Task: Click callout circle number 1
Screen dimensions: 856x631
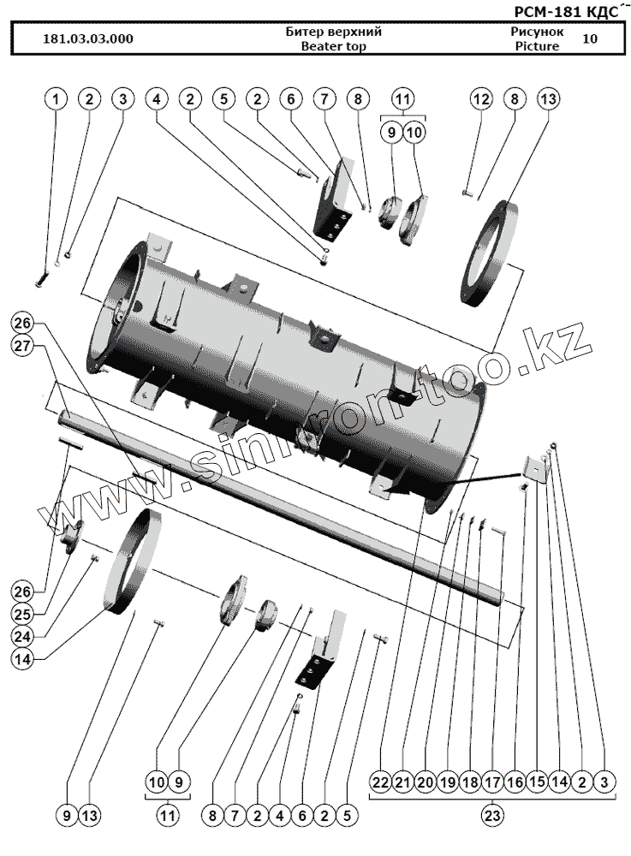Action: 56,99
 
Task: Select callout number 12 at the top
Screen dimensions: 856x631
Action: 481,99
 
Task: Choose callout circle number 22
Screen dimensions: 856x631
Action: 381,782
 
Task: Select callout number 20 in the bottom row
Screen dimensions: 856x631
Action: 426,782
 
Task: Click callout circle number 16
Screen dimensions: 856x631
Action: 515,782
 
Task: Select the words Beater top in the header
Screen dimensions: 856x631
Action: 333,47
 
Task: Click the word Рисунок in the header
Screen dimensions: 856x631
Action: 537,32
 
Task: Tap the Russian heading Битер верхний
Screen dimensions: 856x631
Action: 333,32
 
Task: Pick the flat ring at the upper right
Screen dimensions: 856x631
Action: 492,253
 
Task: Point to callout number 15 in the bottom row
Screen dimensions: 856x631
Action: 537,782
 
